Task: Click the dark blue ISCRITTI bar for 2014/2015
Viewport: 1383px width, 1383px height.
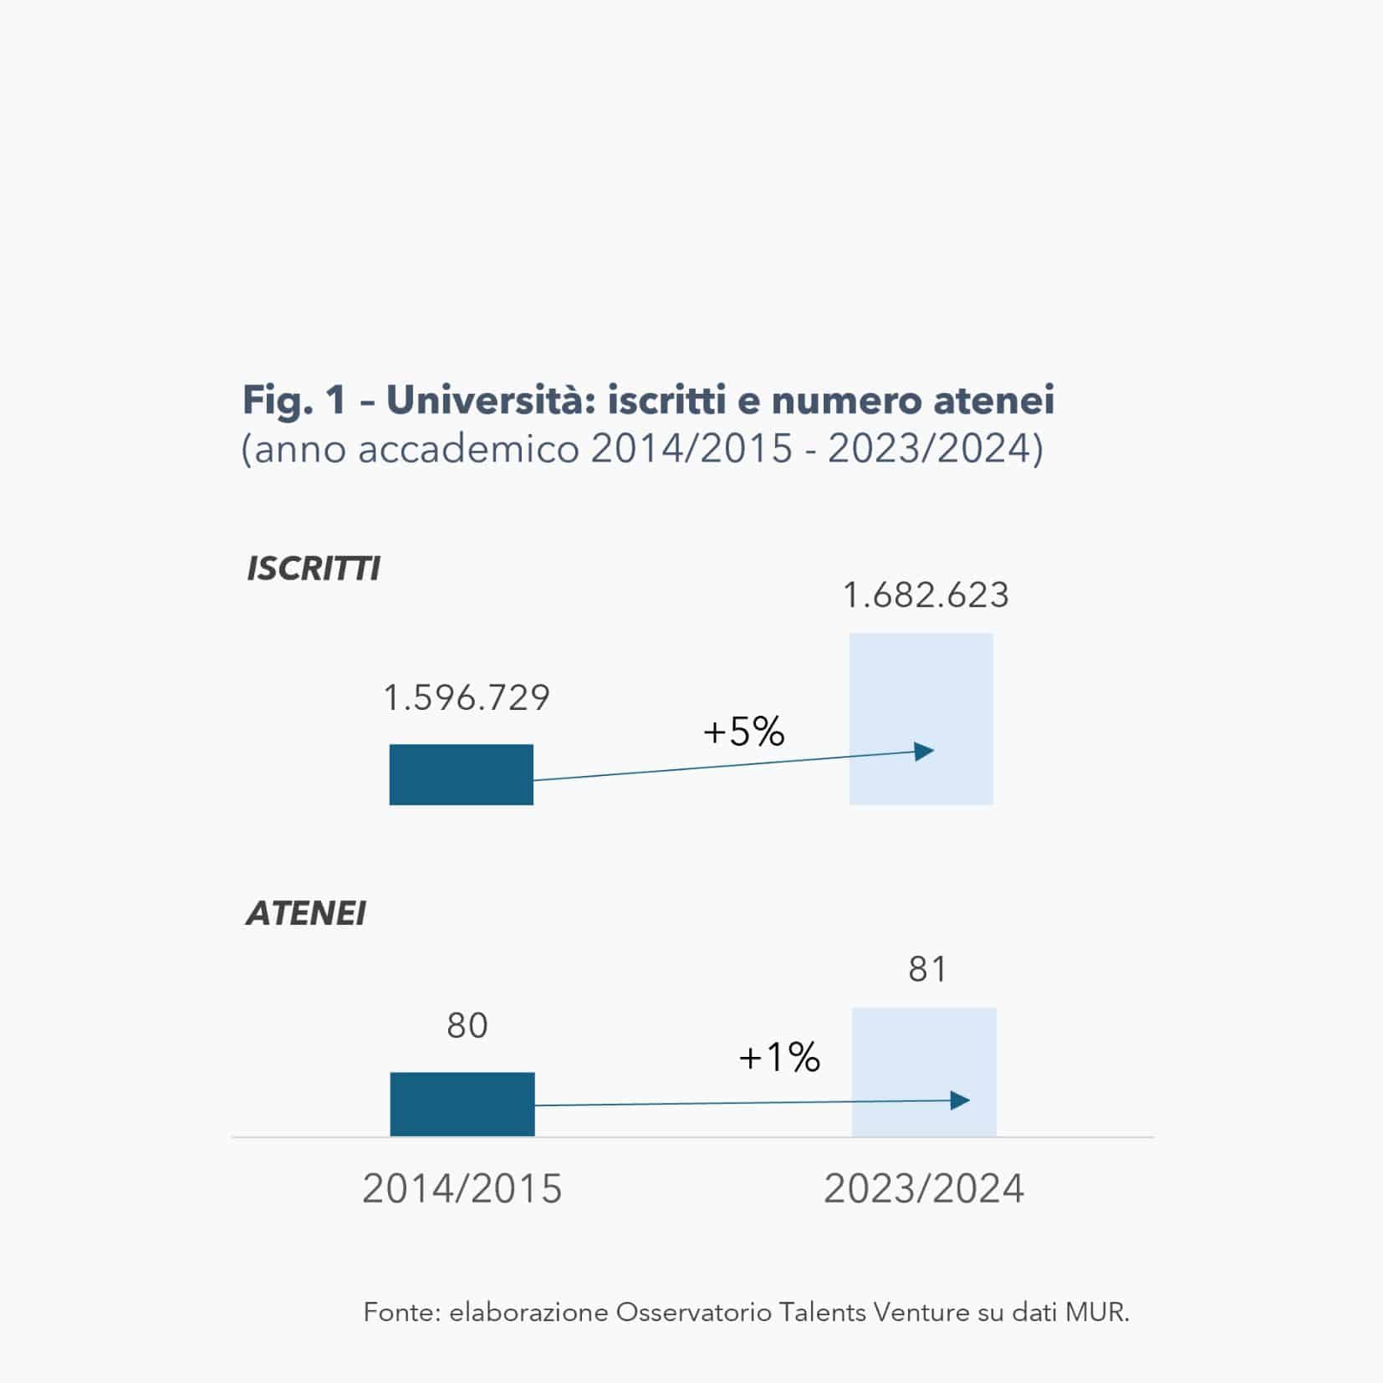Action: pyautogui.click(x=461, y=774)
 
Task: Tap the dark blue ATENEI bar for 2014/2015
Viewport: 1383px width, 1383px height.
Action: pyautogui.click(x=462, y=1104)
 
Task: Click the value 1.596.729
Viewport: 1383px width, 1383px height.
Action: pyautogui.click(x=467, y=698)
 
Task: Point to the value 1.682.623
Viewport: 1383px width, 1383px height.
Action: pyautogui.click(x=926, y=595)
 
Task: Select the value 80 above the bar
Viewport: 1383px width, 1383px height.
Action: pyautogui.click(x=467, y=1025)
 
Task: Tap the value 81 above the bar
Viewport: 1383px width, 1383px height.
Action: pyautogui.click(x=927, y=969)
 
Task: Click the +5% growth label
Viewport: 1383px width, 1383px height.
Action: pyautogui.click(x=744, y=732)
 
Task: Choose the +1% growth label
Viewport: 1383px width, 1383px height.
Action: pyautogui.click(x=779, y=1058)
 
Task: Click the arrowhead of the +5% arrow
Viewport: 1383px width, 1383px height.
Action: pyautogui.click(x=925, y=751)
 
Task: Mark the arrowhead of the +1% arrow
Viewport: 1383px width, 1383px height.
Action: pyautogui.click(x=961, y=1100)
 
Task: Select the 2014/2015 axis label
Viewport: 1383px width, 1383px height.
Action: pyautogui.click(x=462, y=1188)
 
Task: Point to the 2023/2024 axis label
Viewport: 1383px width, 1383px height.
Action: pyautogui.click(x=923, y=1188)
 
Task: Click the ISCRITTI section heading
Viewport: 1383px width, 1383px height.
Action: pyautogui.click(x=314, y=569)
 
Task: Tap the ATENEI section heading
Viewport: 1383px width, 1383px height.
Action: pyautogui.click(x=306, y=913)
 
